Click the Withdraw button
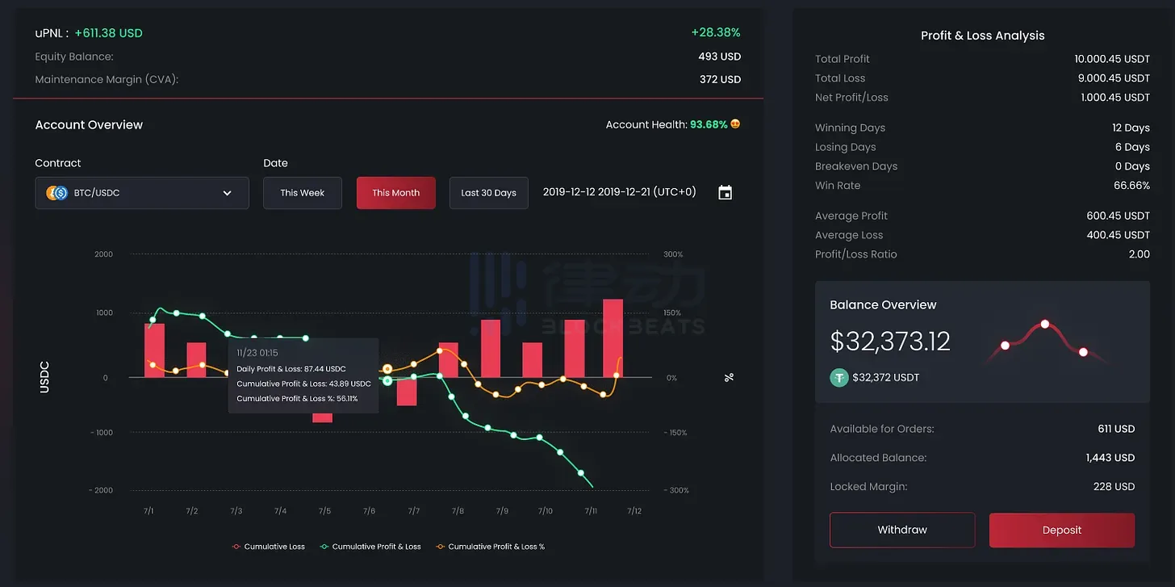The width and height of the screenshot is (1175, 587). [x=902, y=530]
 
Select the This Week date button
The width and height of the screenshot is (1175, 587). [x=303, y=193]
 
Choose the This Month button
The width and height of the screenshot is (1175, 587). [x=395, y=193]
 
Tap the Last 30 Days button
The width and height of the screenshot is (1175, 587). [x=488, y=193]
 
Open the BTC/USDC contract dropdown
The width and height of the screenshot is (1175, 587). [x=142, y=193]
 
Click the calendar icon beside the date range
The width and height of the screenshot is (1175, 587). [x=725, y=193]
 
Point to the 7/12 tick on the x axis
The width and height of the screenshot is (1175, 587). [x=633, y=511]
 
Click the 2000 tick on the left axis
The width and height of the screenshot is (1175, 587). [x=104, y=254]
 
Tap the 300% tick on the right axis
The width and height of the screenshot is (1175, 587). [x=673, y=254]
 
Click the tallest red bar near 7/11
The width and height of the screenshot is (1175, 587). [x=613, y=338]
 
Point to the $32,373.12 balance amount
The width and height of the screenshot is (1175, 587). [x=890, y=342]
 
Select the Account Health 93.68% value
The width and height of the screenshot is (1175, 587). [x=709, y=125]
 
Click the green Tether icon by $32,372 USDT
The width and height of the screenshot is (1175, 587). [x=839, y=377]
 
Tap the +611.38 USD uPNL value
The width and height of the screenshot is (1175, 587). [x=108, y=33]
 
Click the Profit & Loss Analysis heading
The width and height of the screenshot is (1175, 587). [x=982, y=36]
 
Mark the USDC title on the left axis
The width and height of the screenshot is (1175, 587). [x=45, y=377]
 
